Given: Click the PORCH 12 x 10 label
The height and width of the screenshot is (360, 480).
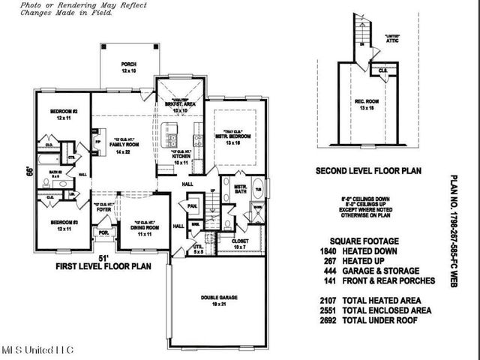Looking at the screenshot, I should point(129,68).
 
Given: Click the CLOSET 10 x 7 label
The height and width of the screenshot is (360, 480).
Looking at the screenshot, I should point(240,244).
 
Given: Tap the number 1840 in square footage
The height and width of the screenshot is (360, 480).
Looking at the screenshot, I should point(328,251).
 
